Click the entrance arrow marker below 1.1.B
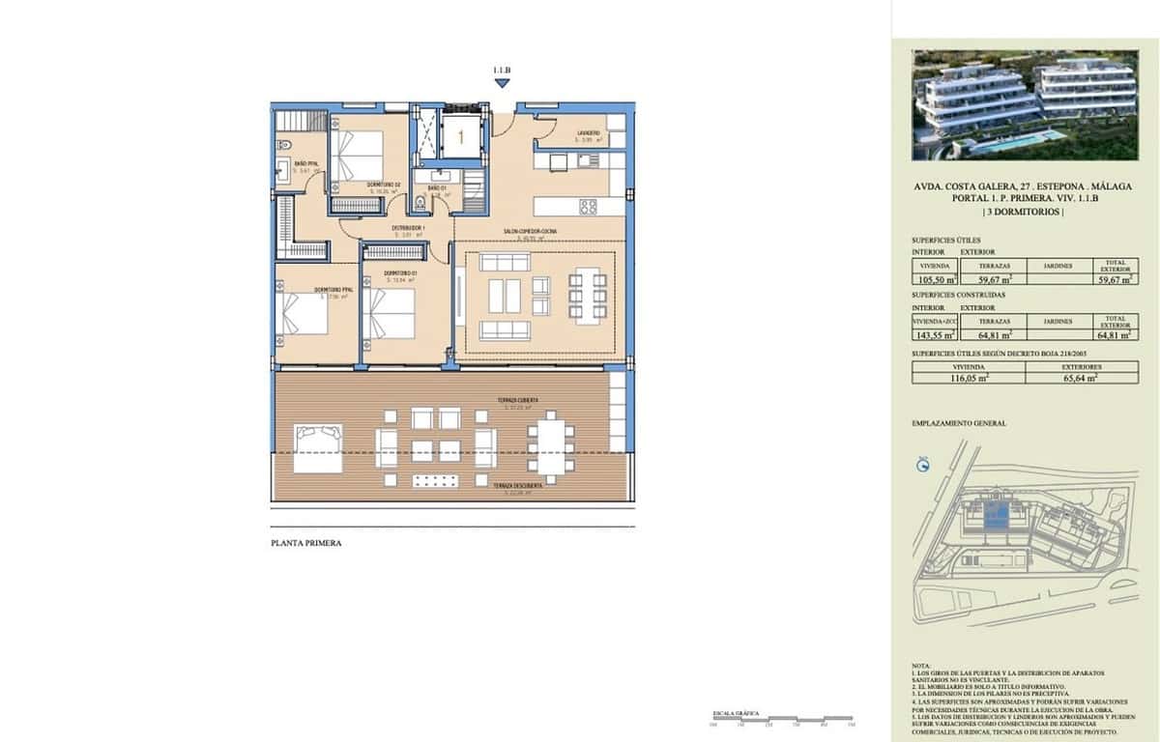tap(502, 84)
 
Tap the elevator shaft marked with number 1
tap(460, 136)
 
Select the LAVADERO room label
tap(589, 133)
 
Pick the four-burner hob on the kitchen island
tap(588, 206)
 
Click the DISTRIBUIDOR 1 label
tap(408, 229)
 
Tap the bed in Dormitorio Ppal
tap(304, 314)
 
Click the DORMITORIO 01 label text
tap(400, 274)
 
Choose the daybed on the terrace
tap(317, 449)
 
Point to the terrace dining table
tap(553, 448)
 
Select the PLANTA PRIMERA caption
tap(305, 543)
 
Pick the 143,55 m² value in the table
tap(935, 335)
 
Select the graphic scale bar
tap(781, 719)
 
